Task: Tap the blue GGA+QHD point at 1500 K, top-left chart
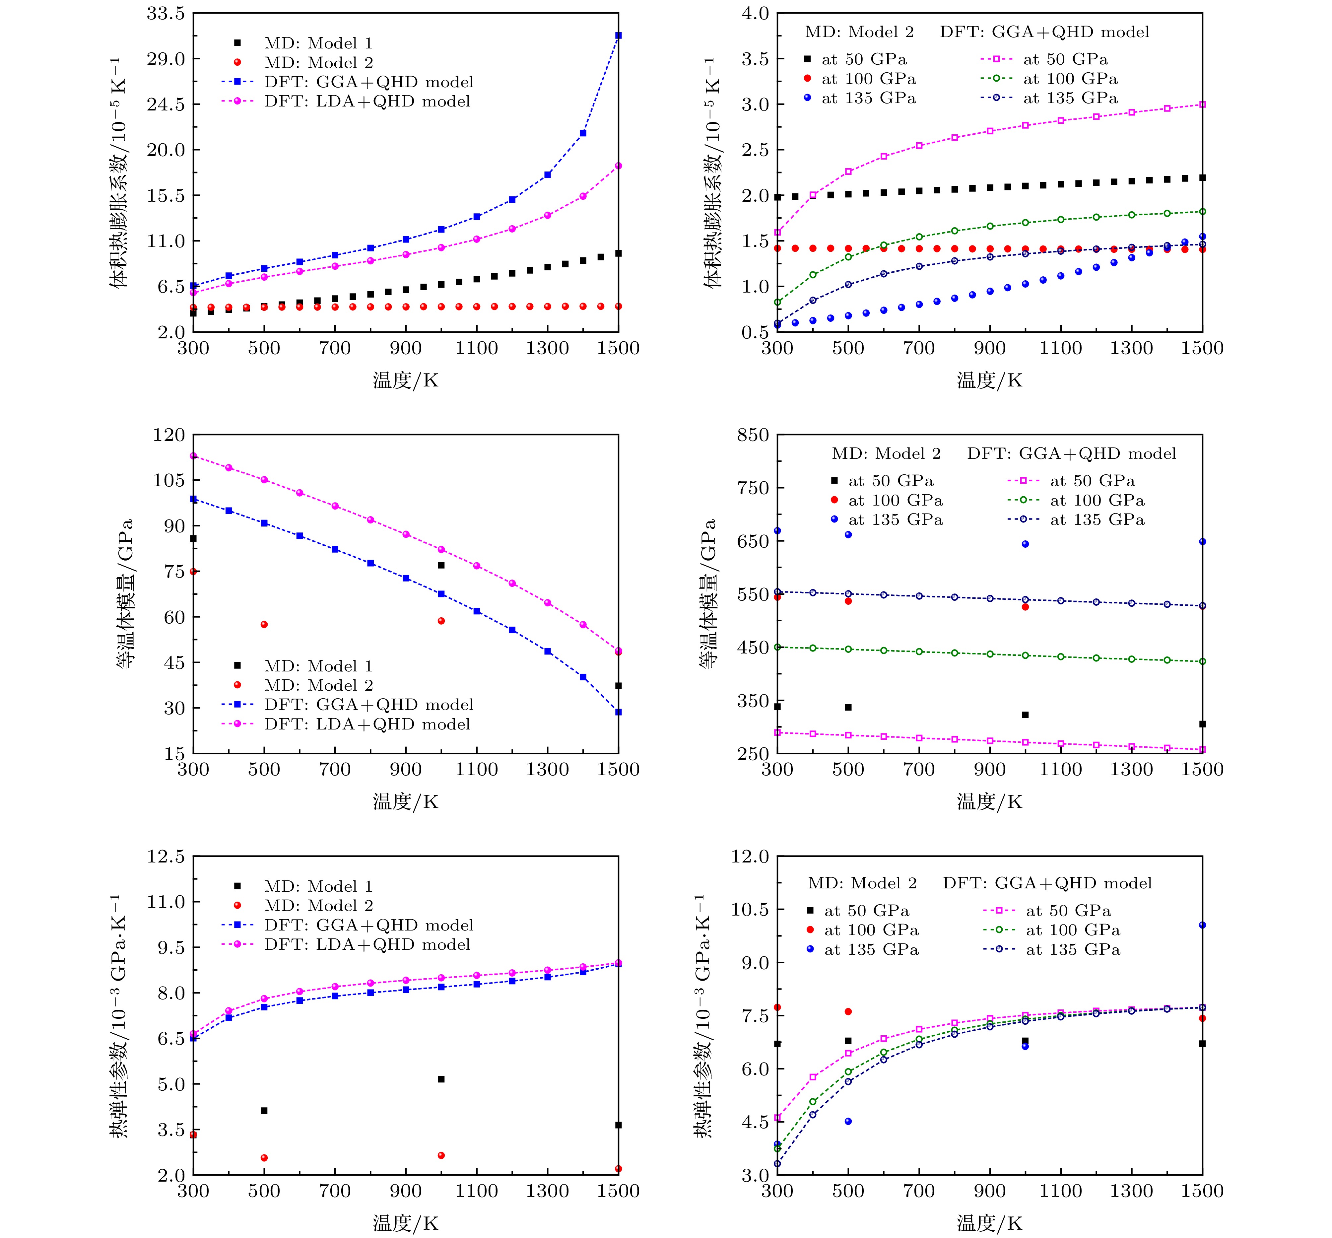(x=618, y=35)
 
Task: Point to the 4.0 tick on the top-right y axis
(x=755, y=13)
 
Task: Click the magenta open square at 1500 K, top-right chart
(x=1202, y=104)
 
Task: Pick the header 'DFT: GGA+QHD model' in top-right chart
(x=1044, y=32)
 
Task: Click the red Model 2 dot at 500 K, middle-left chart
(x=264, y=624)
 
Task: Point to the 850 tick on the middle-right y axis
(x=753, y=435)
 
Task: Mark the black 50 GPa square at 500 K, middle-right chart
(x=848, y=708)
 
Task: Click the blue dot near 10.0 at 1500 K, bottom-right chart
(x=1202, y=925)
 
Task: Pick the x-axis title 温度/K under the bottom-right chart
(x=989, y=1223)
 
